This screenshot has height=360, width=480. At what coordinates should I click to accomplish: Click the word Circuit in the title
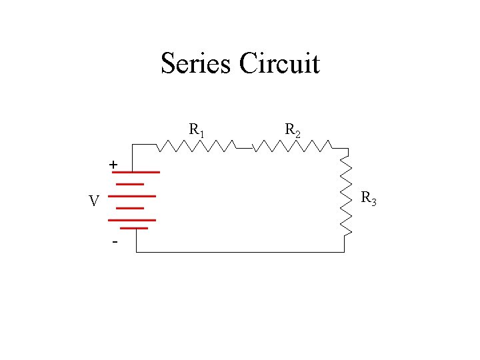(279, 64)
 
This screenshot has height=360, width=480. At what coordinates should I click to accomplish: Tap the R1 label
(196, 129)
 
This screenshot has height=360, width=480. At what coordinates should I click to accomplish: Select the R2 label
(292, 129)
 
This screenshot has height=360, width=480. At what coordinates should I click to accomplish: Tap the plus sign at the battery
(114, 164)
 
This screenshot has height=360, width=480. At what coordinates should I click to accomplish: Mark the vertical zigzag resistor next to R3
(346, 193)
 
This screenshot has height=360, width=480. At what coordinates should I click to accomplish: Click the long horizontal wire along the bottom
(240, 252)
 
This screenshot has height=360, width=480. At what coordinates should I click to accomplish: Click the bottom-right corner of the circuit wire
(344, 252)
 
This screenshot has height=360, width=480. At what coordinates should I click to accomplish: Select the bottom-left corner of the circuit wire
(136, 252)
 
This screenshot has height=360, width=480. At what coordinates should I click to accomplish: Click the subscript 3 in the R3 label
(374, 202)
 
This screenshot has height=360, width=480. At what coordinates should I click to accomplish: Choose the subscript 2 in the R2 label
(297, 134)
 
